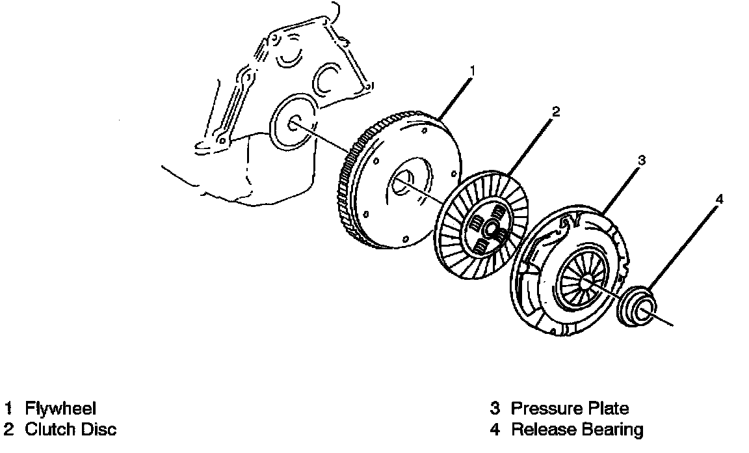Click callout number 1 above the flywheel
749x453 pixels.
473,69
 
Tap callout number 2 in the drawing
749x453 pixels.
555,111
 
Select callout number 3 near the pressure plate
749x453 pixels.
640,158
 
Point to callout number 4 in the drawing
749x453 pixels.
718,199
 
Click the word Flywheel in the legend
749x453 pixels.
60,409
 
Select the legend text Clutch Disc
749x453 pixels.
70,430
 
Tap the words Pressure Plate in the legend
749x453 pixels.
570,409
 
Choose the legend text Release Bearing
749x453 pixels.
577,430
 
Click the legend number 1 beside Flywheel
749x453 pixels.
8,409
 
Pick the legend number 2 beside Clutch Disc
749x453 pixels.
8,430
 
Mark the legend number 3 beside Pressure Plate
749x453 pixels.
495,409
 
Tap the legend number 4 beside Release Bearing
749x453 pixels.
495,430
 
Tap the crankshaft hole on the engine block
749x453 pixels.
293,124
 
